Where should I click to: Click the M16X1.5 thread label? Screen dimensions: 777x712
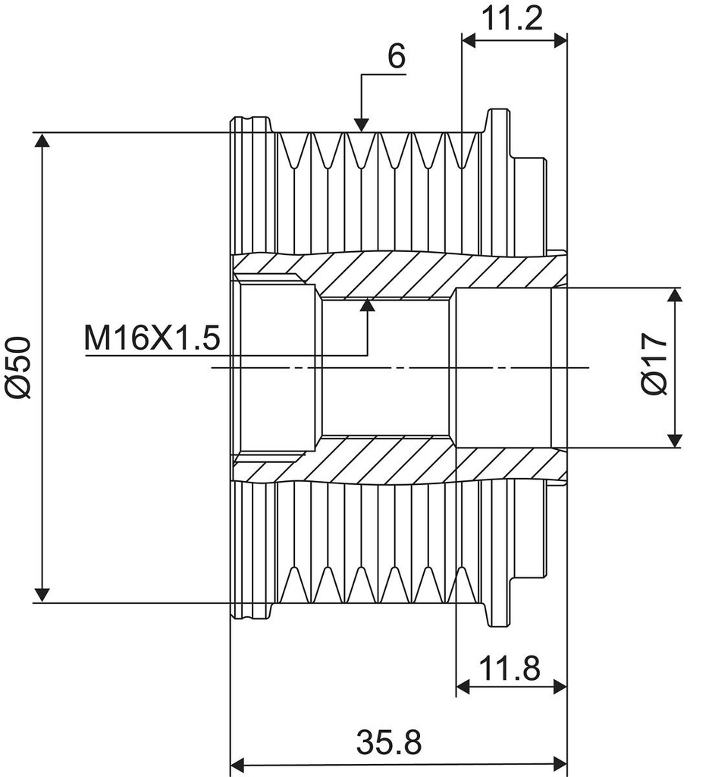[x=152, y=338]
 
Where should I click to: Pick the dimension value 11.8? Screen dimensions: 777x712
[x=509, y=668]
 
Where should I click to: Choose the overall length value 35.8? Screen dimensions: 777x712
[x=388, y=742]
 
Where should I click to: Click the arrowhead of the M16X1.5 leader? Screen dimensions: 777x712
[x=368, y=305]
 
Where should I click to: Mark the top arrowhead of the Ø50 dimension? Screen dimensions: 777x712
[x=42, y=142]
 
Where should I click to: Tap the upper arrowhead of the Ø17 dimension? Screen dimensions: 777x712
[x=675, y=296]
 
